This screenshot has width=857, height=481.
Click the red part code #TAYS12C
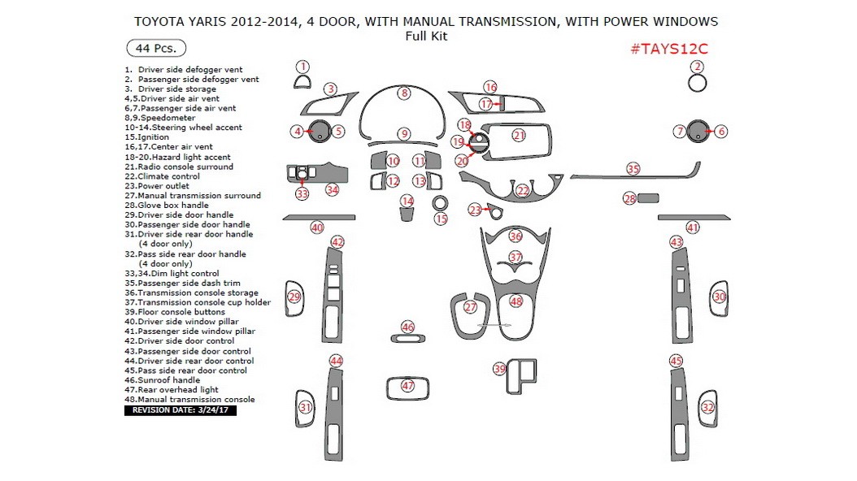coord(669,49)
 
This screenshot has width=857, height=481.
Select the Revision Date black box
coord(180,410)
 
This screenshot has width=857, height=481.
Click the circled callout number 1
coord(302,67)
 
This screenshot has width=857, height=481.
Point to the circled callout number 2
coord(697,67)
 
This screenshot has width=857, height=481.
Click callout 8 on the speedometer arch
coord(404,93)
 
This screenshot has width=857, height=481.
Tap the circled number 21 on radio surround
coord(519,135)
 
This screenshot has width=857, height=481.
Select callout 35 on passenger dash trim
coord(633,169)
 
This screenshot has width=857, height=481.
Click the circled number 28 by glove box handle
coord(629,198)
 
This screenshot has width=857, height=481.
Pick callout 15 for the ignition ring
coord(441,219)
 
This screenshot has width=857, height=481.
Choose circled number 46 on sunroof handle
coord(407,327)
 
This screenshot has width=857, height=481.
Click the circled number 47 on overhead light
coord(407,386)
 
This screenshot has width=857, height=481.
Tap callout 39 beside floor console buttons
coord(499,369)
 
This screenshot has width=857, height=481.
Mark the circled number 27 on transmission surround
coord(470,307)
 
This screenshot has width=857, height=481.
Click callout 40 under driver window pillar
coord(317,227)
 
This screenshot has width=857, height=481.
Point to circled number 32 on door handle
coord(708,407)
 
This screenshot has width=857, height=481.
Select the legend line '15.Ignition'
coord(148,137)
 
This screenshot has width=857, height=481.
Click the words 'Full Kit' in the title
coord(426,36)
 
